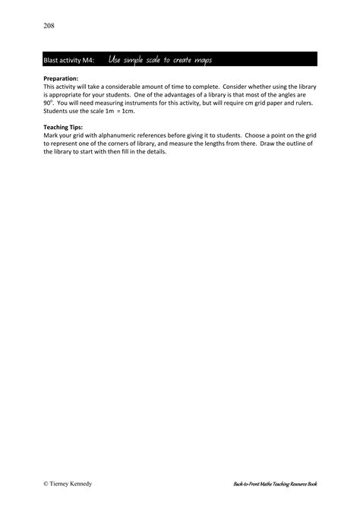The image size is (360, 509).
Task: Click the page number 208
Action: (x=49, y=25)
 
